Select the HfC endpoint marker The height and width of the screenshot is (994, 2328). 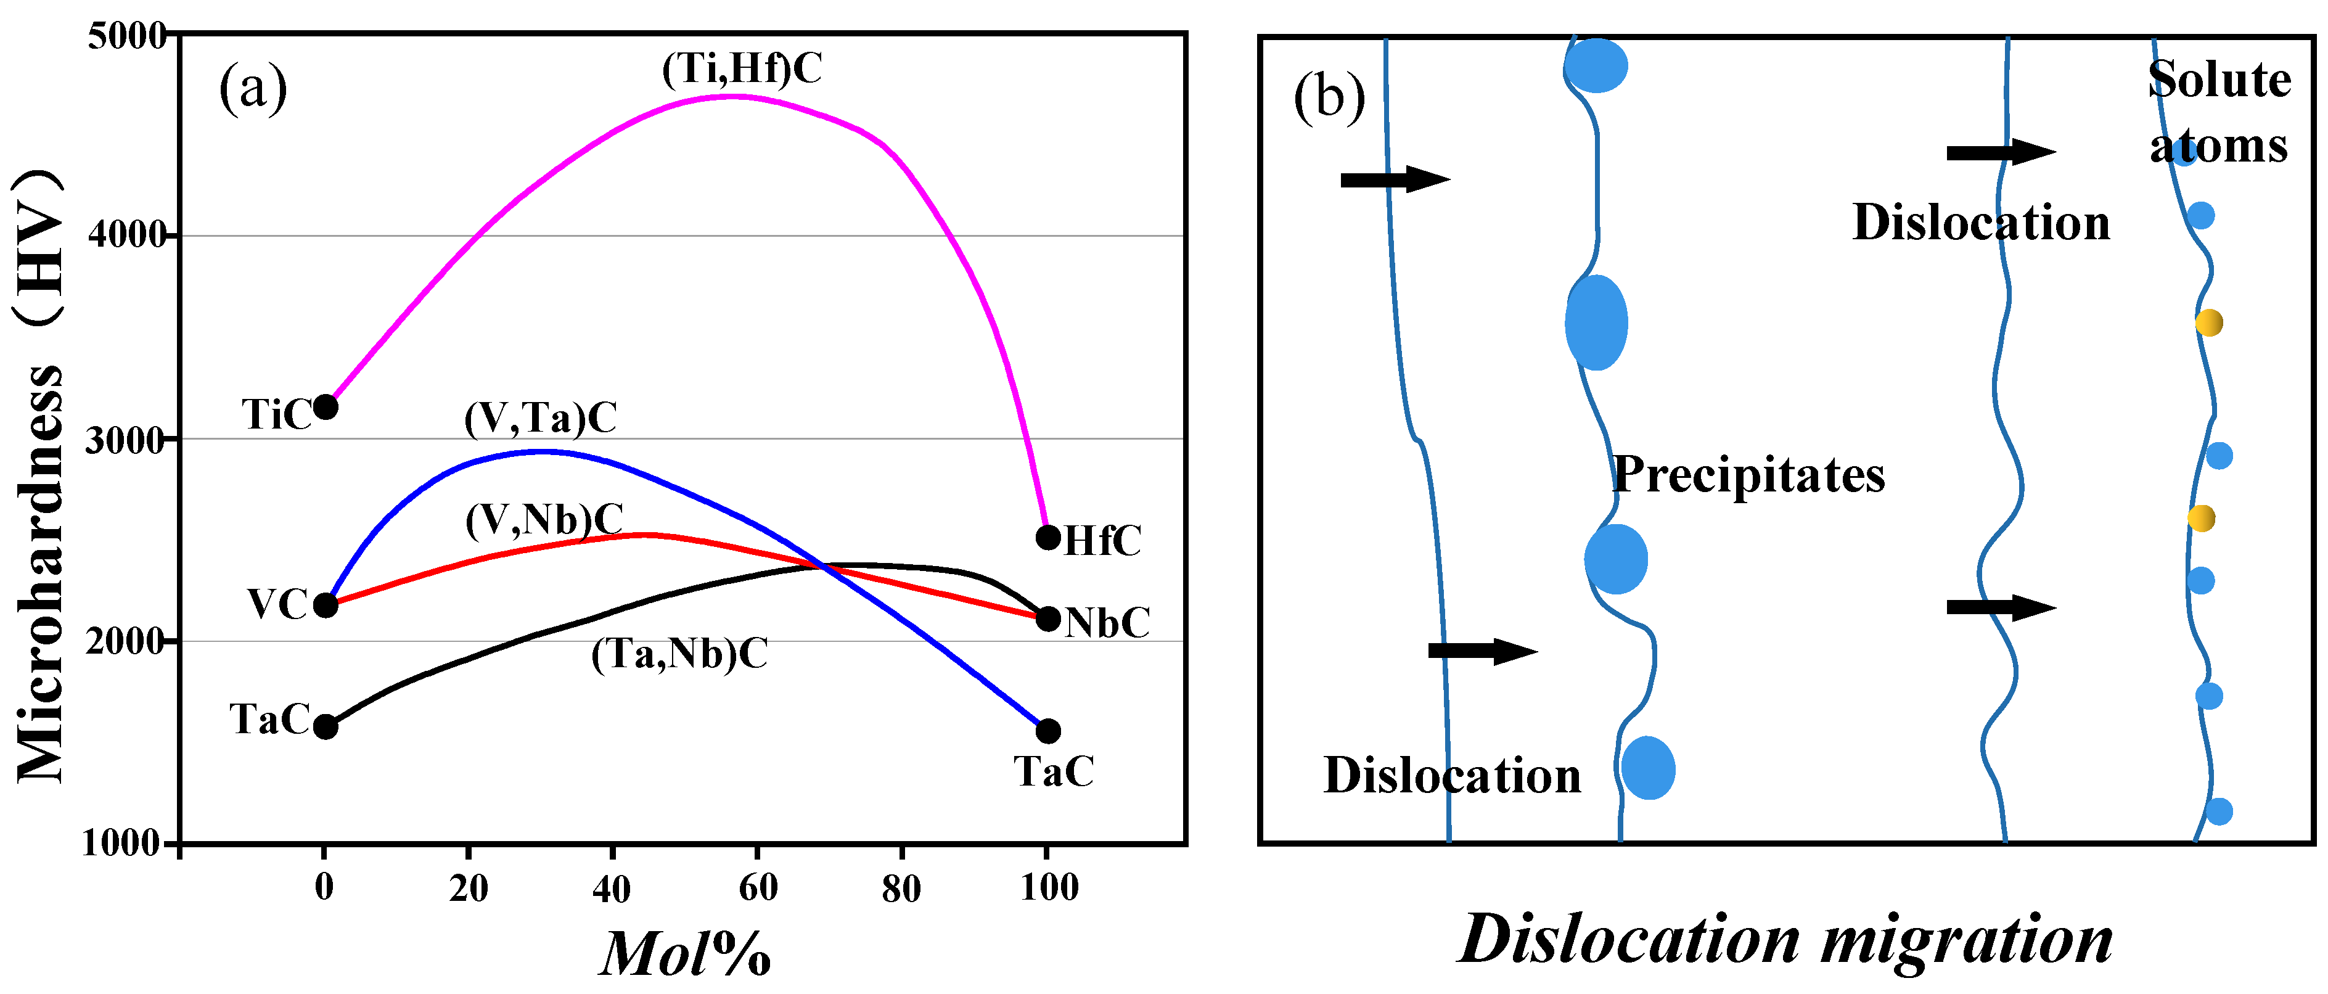coord(1047,538)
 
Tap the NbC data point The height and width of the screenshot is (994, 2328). coord(1047,619)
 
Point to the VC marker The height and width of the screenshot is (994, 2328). coord(326,604)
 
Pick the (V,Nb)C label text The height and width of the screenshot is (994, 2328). coord(544,520)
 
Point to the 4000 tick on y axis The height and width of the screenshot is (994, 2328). coord(126,236)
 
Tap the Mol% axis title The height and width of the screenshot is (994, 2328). coord(685,953)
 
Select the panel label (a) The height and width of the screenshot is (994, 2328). coord(253,89)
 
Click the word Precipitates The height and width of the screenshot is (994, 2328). coord(1748,474)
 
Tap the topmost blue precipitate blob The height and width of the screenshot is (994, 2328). coord(1597,65)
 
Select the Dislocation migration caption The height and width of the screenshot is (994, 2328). coord(1785,940)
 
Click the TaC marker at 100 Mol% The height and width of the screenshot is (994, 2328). coord(1047,730)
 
